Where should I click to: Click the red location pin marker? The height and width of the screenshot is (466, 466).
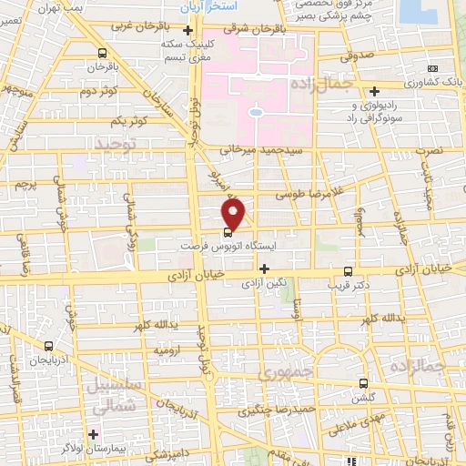coord(234,213)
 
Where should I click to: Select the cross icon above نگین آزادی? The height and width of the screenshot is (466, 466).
coord(264,268)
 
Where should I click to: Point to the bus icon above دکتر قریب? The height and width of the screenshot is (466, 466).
coord(347,270)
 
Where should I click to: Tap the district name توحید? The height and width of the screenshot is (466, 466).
coord(117,144)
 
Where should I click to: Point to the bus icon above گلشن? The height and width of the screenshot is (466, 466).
coord(364,383)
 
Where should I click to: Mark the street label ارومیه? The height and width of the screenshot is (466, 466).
coord(169,349)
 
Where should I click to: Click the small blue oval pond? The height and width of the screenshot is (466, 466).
coord(256,112)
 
